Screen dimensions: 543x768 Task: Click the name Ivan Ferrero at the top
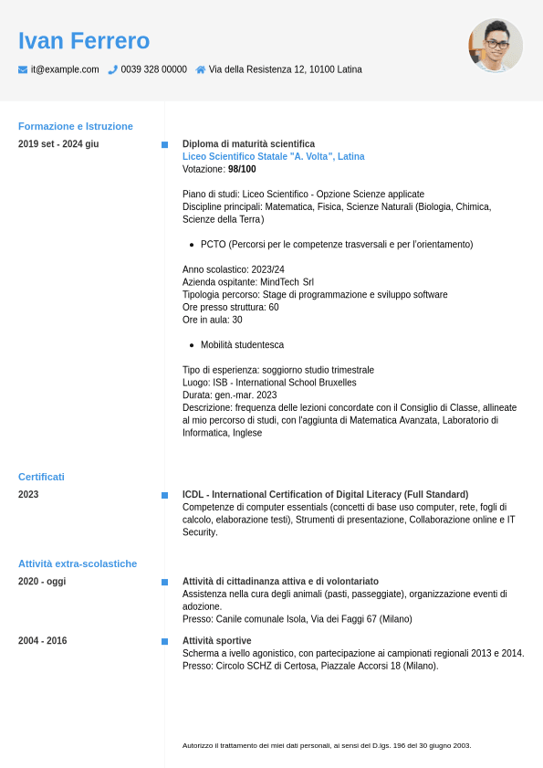tap(84, 41)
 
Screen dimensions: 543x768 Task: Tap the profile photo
tap(496, 46)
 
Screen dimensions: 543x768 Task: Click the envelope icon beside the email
tap(23, 69)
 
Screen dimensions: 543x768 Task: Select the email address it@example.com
tap(65, 69)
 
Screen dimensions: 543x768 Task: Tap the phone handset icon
tap(112, 69)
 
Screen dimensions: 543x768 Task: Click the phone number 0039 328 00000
tap(153, 69)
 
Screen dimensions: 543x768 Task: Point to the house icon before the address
tap(201, 69)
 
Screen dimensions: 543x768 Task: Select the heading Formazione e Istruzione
tap(76, 126)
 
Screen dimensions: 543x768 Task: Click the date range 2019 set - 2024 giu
tap(58, 144)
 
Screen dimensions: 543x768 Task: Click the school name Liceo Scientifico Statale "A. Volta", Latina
tap(273, 157)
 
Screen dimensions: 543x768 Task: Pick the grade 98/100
tap(242, 170)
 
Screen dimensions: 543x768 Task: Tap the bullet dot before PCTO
tap(192, 245)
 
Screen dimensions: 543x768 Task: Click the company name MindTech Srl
tap(287, 282)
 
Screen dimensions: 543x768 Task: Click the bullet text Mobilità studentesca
tap(242, 345)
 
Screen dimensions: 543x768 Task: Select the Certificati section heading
tap(41, 477)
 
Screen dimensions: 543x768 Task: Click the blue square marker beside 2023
tap(164, 495)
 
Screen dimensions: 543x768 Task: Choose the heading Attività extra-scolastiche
tap(78, 563)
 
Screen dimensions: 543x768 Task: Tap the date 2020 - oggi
tap(42, 582)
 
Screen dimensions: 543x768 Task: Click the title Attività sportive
tap(216, 641)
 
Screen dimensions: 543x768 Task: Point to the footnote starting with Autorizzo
tap(327, 745)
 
